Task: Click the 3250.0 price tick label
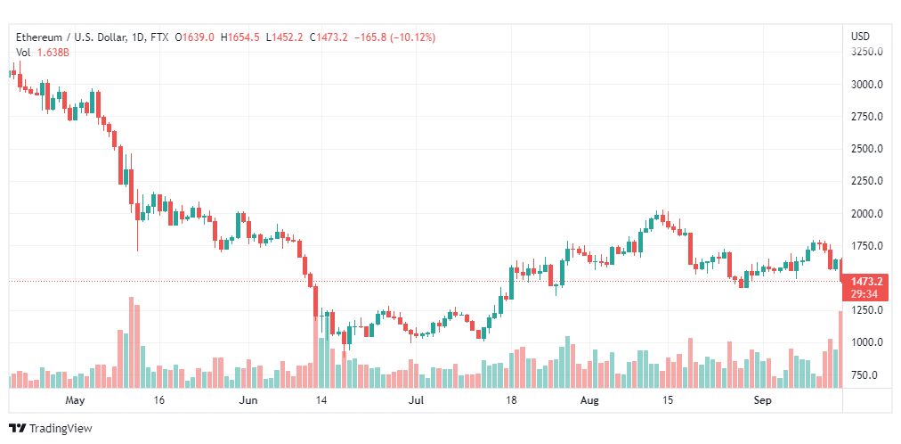tap(866, 52)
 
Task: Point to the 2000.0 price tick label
tap(866, 214)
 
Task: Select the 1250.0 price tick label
tap(866, 310)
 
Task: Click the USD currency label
tap(860, 37)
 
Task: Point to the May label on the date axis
tap(76, 400)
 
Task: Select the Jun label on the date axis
tap(248, 400)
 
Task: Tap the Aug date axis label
tap(589, 400)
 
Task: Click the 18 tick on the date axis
tap(511, 400)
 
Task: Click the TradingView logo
tap(51, 429)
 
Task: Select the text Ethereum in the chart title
tap(38, 37)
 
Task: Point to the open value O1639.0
tap(195, 37)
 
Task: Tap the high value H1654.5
tap(244, 37)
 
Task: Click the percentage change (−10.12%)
tap(412, 37)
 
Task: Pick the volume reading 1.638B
tap(53, 53)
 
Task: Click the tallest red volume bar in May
tap(131, 342)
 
